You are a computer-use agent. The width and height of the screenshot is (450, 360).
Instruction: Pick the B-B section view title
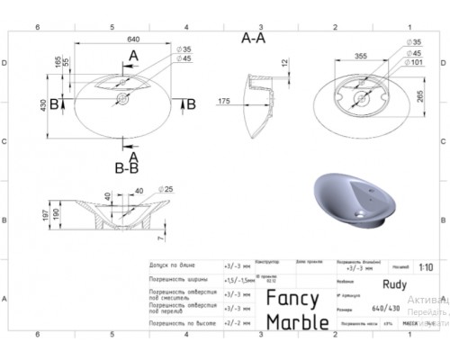click(126, 167)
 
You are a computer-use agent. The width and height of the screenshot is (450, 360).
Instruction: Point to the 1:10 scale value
click(425, 267)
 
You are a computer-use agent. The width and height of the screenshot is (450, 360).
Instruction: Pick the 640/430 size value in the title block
click(371, 306)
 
